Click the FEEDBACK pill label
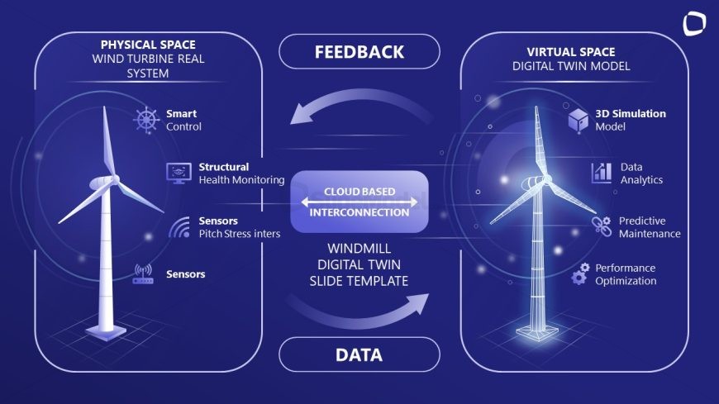(359, 52)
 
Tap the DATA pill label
(359, 354)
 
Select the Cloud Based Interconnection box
(359, 202)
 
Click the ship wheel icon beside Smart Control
(146, 120)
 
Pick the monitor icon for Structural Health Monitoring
(179, 173)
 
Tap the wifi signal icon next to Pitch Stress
(180, 227)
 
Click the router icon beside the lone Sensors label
(143, 273)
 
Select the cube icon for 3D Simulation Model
(579, 121)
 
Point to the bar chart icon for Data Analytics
(602, 173)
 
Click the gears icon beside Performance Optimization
(580, 273)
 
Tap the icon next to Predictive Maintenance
(601, 226)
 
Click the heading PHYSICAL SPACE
(148, 45)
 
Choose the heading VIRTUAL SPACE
(571, 52)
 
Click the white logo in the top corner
(693, 24)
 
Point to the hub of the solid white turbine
(113, 179)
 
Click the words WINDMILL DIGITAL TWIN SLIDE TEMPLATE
(359, 264)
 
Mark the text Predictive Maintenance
(650, 227)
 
